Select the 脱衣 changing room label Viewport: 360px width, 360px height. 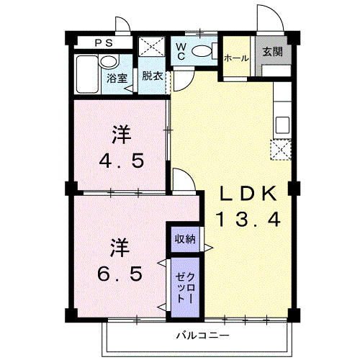click(151, 76)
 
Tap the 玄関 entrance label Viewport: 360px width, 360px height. click(272, 52)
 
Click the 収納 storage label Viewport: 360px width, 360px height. click(185, 238)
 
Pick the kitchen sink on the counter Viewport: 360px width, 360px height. click(282, 123)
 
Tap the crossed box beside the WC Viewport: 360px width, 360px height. click(152, 48)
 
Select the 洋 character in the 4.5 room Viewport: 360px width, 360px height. click(120, 133)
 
